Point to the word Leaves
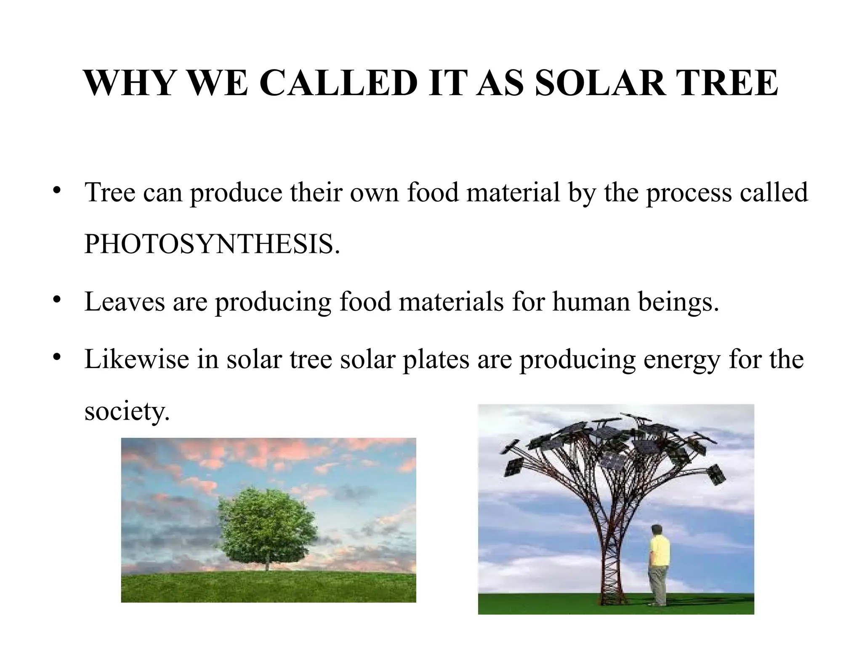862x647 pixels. pos(124,302)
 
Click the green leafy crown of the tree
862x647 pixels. pos(267,527)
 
